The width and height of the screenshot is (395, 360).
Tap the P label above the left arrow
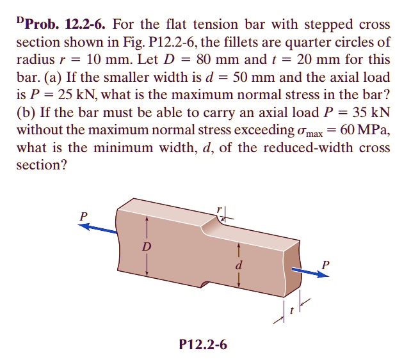pos(83,216)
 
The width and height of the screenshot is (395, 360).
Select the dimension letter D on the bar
pos(146,246)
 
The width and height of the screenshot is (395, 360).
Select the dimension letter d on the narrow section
pos(238,263)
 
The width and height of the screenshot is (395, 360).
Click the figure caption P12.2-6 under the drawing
pos(203,345)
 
